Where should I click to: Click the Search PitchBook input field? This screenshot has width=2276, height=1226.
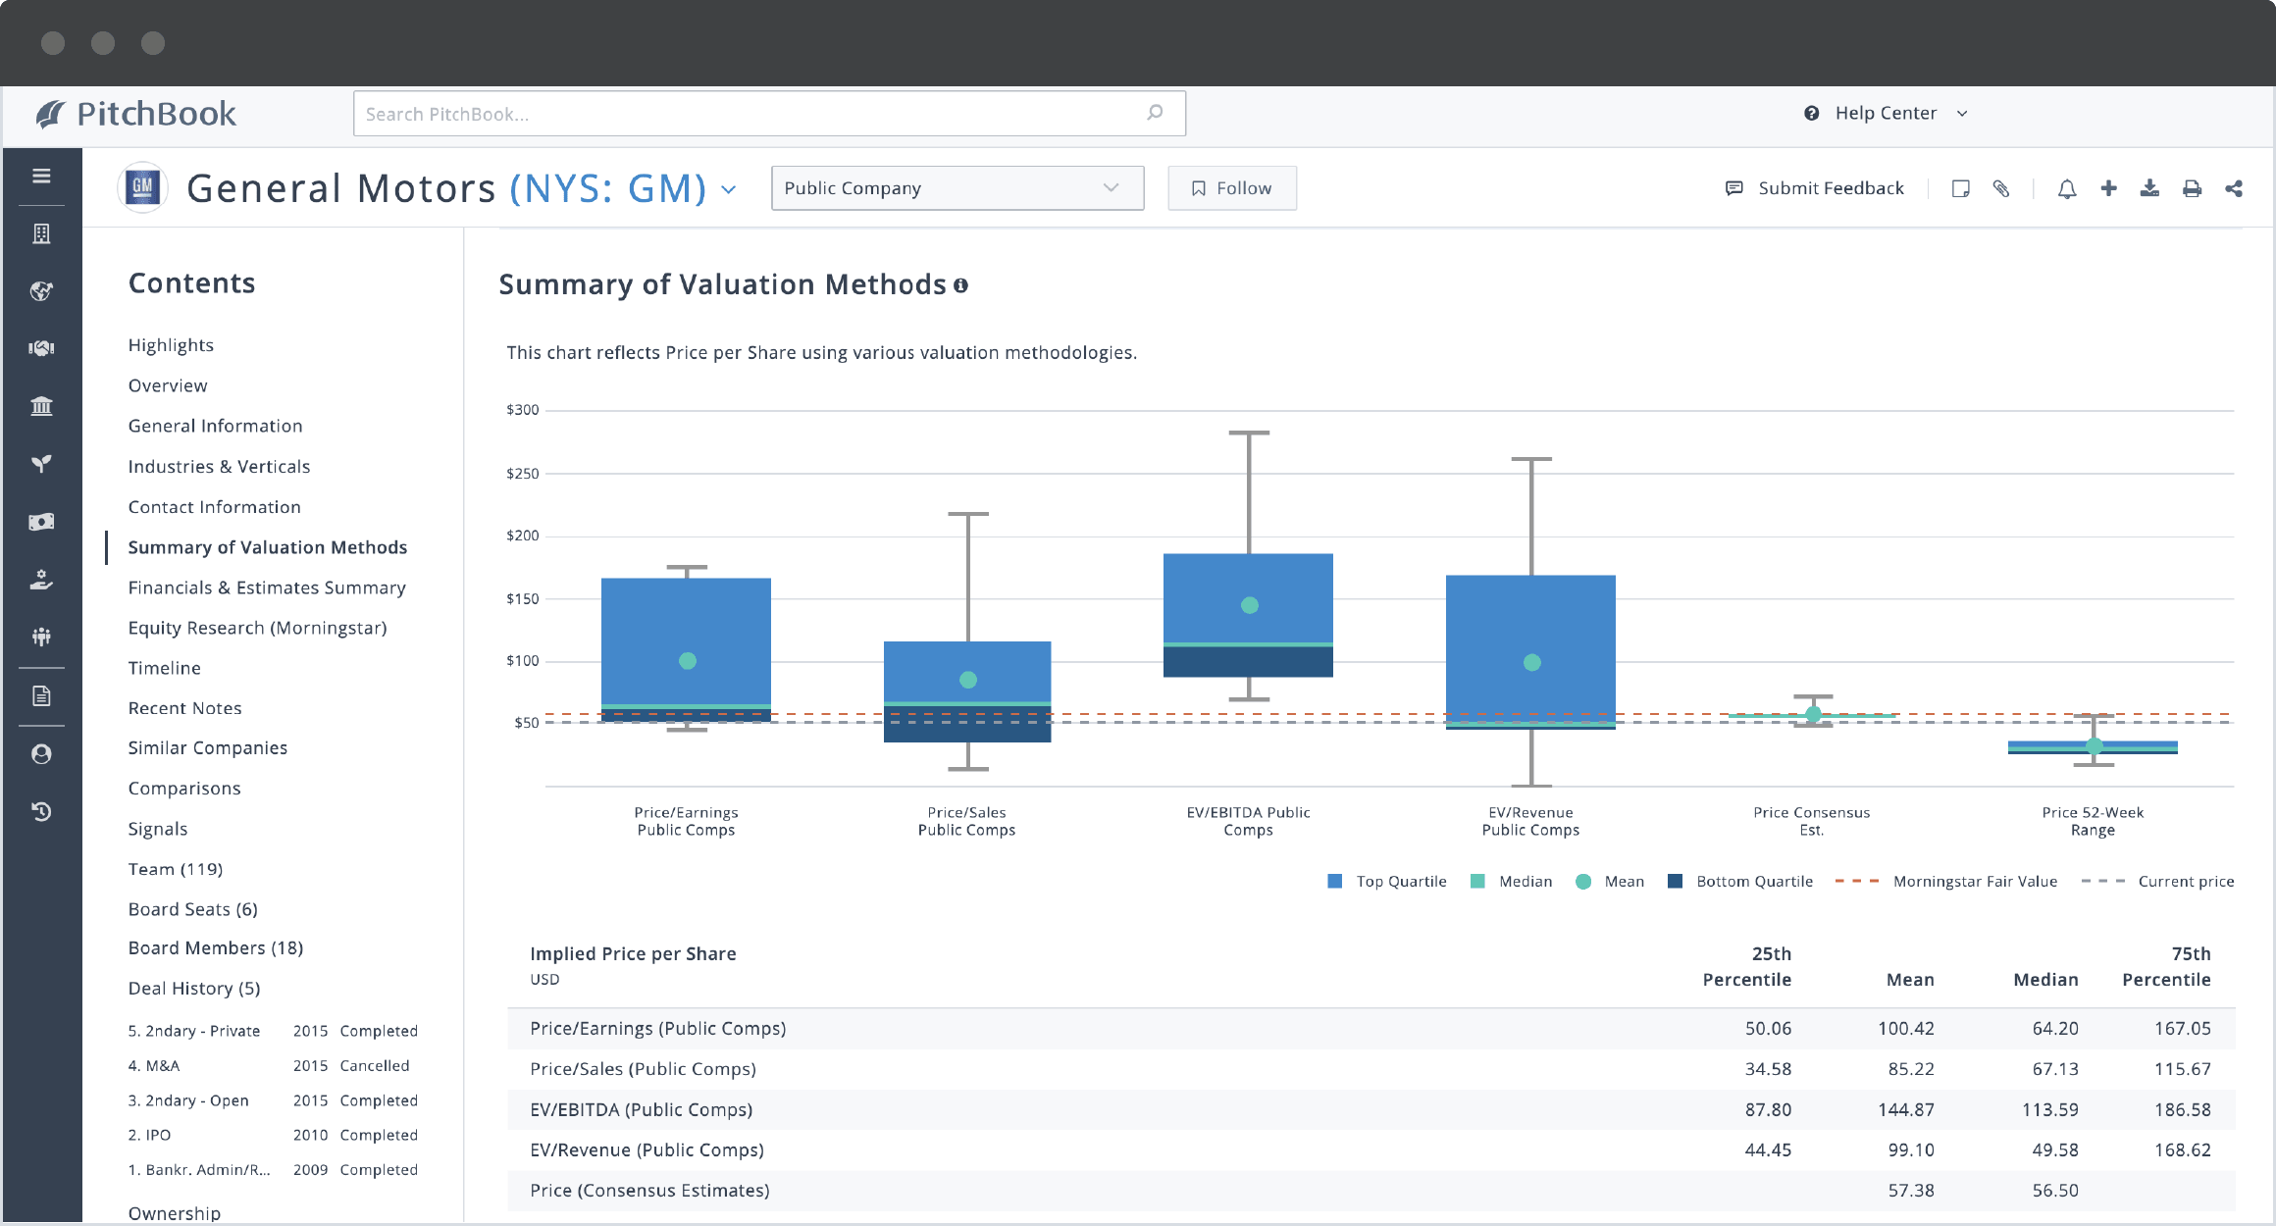pyautogui.click(x=746, y=114)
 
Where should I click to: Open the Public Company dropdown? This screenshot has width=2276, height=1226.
pyautogui.click(x=957, y=188)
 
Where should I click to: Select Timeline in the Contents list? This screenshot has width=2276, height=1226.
pyautogui.click(x=164, y=668)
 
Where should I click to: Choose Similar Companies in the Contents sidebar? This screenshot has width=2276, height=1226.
pyautogui.click(x=207, y=747)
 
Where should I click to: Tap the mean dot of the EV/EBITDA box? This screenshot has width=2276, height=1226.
pyautogui.click(x=1249, y=605)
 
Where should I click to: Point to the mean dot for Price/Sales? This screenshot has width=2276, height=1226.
pyautogui.click(x=967, y=680)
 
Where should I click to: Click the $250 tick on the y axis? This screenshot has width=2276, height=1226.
pyautogui.click(x=522, y=474)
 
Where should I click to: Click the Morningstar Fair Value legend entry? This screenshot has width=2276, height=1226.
pyautogui.click(x=1974, y=881)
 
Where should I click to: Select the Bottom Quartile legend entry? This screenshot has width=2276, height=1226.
pyautogui.click(x=1753, y=881)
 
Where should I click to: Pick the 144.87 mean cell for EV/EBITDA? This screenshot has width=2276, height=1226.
pyautogui.click(x=1905, y=1109)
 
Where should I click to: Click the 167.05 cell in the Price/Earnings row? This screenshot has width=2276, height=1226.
pyautogui.click(x=2182, y=1028)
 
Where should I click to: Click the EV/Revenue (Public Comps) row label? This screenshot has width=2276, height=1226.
pyautogui.click(x=647, y=1149)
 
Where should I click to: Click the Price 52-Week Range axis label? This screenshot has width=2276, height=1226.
pyautogui.click(x=2092, y=821)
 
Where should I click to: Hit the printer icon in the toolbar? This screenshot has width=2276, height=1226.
pyautogui.click(x=2192, y=188)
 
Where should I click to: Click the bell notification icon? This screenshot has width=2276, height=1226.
pyautogui.click(x=2066, y=188)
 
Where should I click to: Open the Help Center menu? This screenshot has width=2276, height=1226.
pyautogui.click(x=1885, y=113)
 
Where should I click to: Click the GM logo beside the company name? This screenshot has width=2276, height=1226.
pyautogui.click(x=143, y=186)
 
